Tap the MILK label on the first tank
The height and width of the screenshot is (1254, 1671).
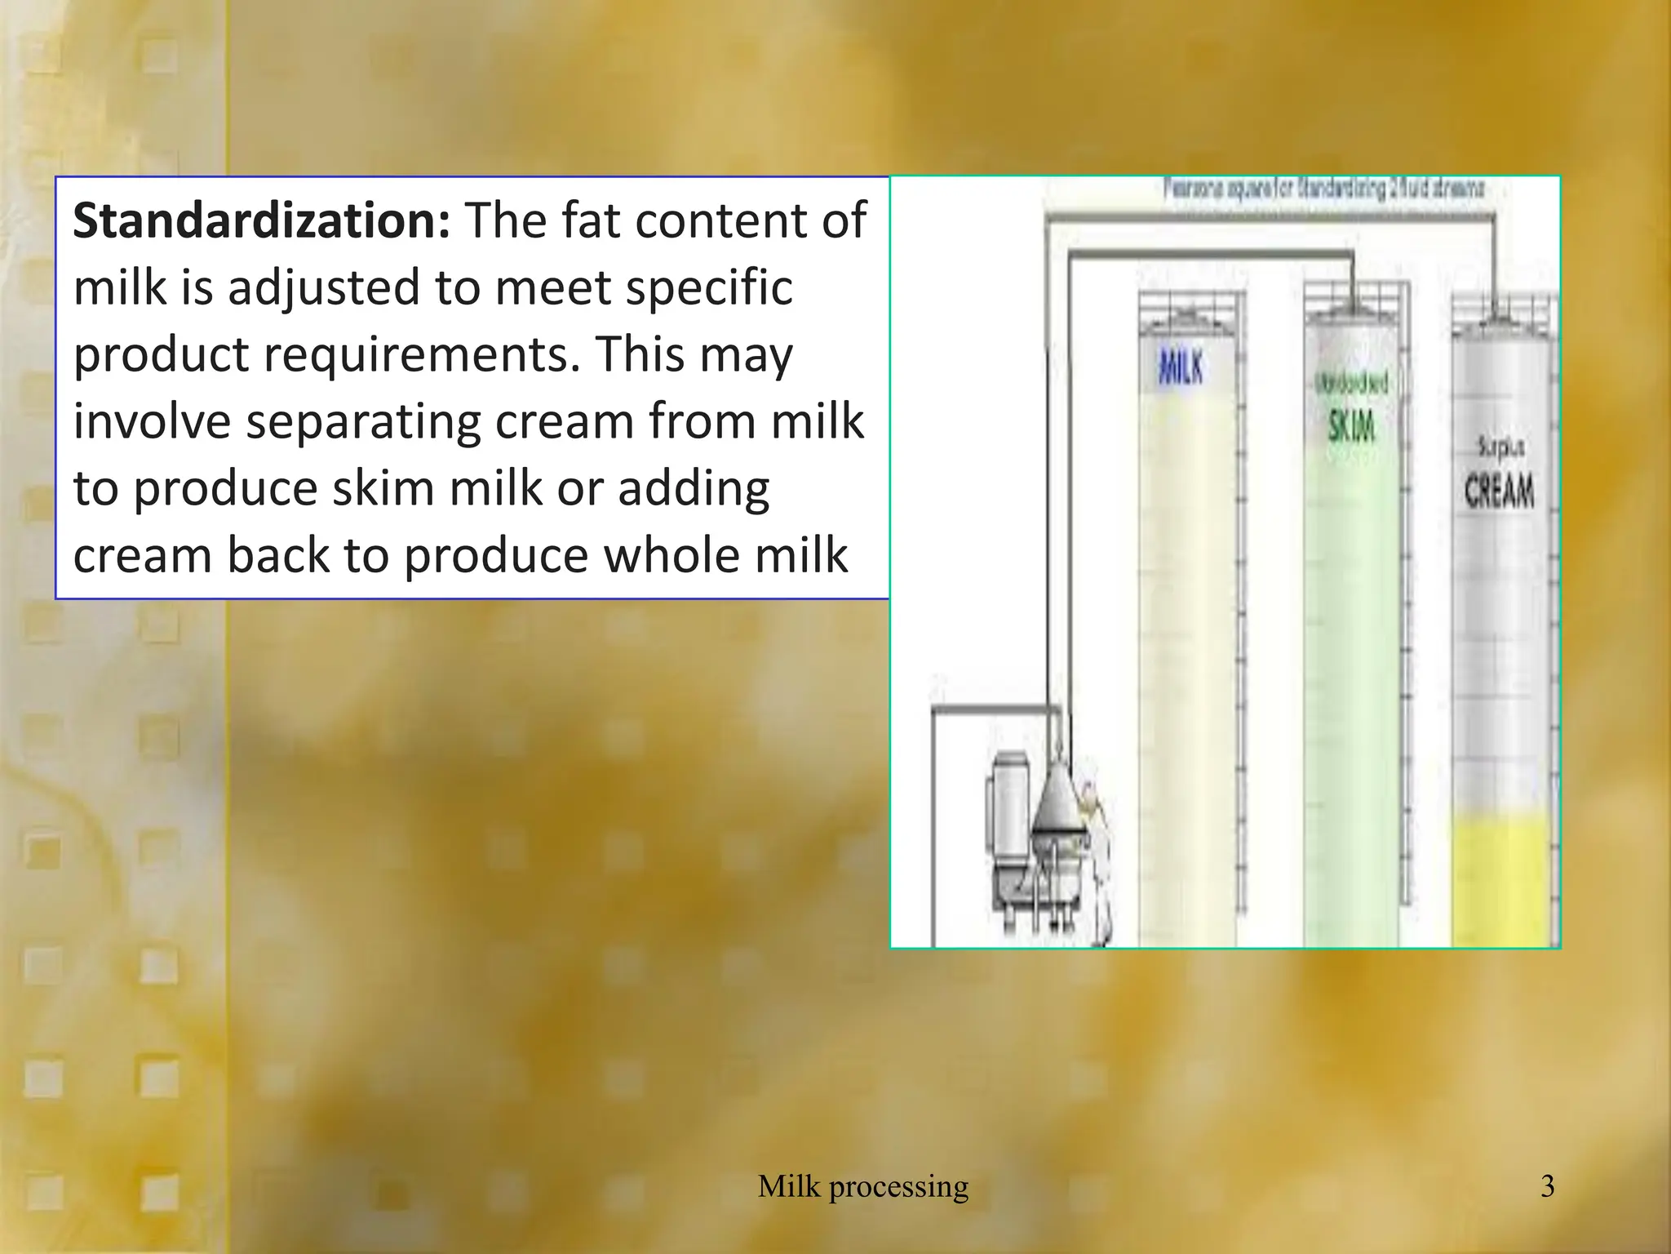pos(1181,367)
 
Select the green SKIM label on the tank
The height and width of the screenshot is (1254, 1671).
pos(1351,426)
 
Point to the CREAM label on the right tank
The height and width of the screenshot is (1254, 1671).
pos(1499,491)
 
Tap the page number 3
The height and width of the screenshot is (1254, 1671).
pos(1547,1185)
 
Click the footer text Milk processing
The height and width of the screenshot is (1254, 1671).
pos(863,1185)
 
